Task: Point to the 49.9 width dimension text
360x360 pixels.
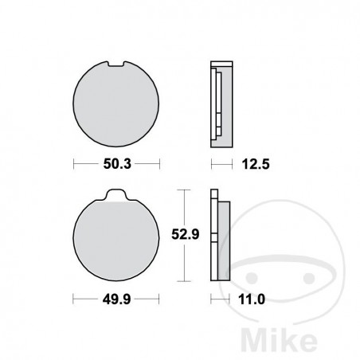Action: pyautogui.click(x=116, y=300)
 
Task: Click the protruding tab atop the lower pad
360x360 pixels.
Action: pyautogui.click(x=117, y=196)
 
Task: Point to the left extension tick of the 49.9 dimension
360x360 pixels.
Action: pyautogui.click(x=74, y=300)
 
